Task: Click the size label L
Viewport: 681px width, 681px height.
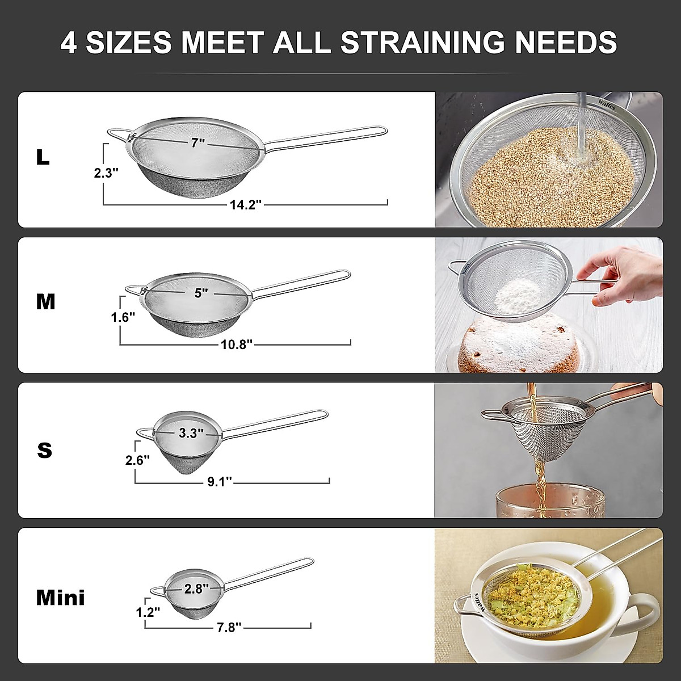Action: (x=43, y=157)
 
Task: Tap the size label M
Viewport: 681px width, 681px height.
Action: (x=45, y=302)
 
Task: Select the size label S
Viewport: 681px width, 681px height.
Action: (x=44, y=450)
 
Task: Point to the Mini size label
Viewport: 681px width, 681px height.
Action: (x=60, y=598)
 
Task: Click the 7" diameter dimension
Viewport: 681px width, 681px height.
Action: (x=197, y=143)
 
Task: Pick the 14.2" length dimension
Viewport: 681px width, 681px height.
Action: (x=245, y=205)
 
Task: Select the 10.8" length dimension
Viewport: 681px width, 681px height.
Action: (x=236, y=344)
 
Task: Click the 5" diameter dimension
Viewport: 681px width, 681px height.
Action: (x=201, y=293)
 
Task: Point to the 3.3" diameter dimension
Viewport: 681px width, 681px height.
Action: (x=191, y=434)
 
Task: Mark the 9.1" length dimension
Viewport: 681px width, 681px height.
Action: (x=220, y=482)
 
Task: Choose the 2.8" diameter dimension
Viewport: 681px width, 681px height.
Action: (x=196, y=589)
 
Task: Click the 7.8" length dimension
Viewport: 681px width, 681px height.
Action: (x=229, y=627)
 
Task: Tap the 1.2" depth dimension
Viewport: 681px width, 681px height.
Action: (x=148, y=612)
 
